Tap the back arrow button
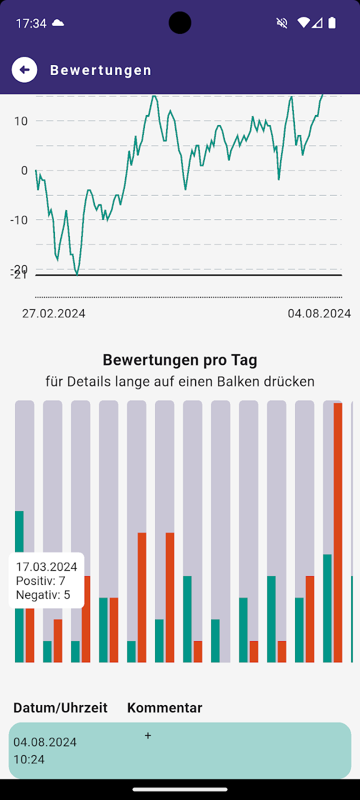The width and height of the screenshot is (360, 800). [x=24, y=70]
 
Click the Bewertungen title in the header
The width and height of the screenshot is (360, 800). [x=101, y=71]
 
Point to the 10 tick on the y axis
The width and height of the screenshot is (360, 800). [x=21, y=121]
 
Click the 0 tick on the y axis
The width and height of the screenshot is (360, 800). [x=24, y=171]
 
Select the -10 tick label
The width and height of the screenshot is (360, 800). [x=19, y=220]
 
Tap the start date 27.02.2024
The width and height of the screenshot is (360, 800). [x=54, y=313]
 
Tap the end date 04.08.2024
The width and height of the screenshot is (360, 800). [x=319, y=313]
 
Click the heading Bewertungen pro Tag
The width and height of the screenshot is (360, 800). [x=180, y=360]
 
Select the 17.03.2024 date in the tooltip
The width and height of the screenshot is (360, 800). [x=47, y=567]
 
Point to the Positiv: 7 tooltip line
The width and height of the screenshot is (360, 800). [x=41, y=581]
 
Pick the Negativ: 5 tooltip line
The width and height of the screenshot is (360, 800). [x=43, y=595]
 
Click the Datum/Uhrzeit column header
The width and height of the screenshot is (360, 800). [x=61, y=708]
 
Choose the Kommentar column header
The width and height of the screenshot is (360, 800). [x=164, y=708]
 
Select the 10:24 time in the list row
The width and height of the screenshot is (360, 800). [x=29, y=759]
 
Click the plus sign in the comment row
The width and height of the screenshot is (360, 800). [x=148, y=736]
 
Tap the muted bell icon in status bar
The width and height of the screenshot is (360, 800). [x=282, y=23]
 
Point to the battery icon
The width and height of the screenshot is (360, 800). [x=332, y=23]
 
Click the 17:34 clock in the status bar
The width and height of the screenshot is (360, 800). [x=31, y=23]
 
